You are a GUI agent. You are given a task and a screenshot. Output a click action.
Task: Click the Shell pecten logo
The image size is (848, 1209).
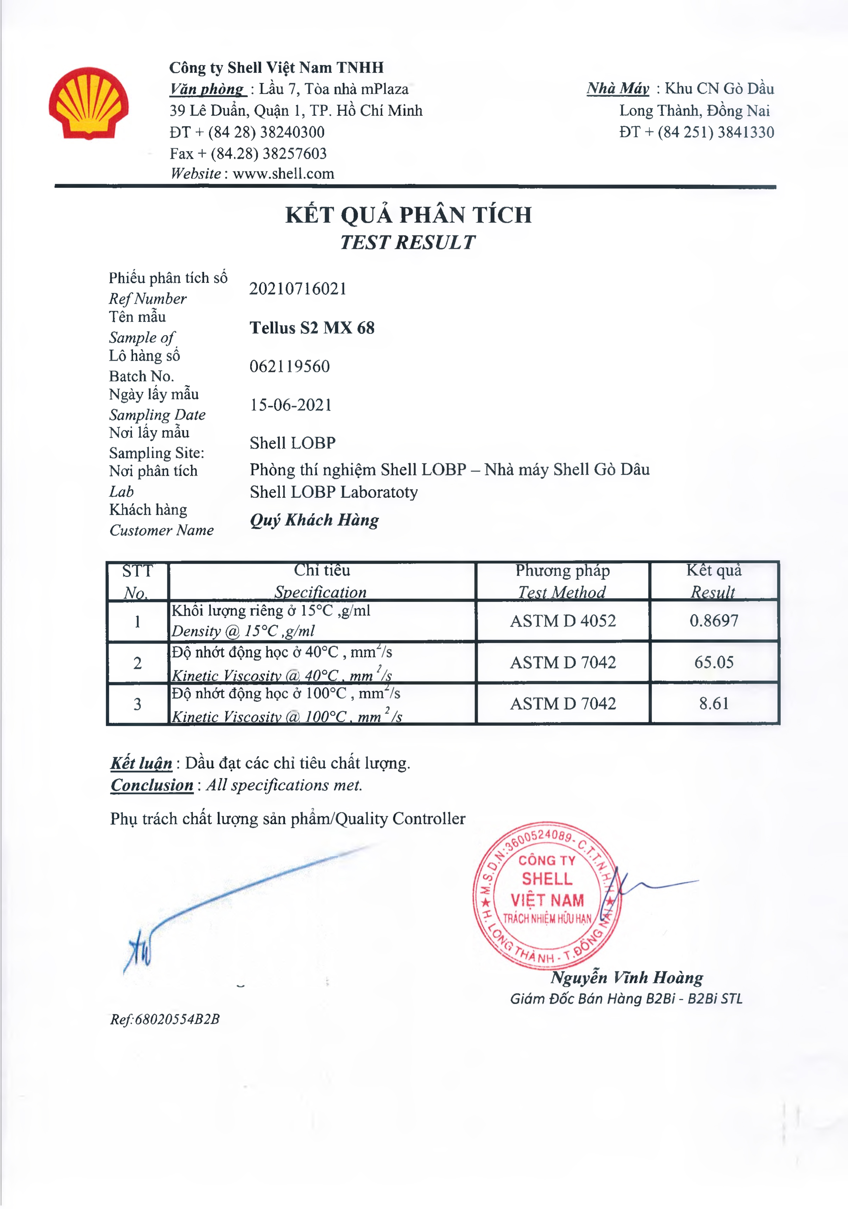click(88, 103)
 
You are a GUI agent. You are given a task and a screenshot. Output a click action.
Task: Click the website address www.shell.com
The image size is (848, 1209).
click(283, 174)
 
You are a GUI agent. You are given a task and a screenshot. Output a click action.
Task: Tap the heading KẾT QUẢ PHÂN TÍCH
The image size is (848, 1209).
click(408, 215)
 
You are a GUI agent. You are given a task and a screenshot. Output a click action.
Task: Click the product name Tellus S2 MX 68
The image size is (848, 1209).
click(312, 328)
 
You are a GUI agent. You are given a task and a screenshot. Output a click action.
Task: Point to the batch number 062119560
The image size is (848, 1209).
click(290, 366)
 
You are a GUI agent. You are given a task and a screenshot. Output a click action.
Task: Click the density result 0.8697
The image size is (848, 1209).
click(714, 620)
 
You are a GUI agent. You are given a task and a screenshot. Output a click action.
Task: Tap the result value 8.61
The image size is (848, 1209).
click(714, 703)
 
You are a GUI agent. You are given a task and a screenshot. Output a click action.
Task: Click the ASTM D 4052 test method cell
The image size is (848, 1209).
click(563, 621)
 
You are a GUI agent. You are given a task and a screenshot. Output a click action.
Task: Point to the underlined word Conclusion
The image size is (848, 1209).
click(152, 785)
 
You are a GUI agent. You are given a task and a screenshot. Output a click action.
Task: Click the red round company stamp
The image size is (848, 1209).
click(547, 895)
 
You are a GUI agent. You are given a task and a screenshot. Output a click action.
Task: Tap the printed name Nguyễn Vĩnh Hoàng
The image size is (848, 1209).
click(627, 977)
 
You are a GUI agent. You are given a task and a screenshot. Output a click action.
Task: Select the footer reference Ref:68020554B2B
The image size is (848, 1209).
click(165, 1019)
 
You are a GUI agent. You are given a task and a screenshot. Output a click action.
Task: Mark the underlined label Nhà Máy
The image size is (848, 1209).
click(618, 88)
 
